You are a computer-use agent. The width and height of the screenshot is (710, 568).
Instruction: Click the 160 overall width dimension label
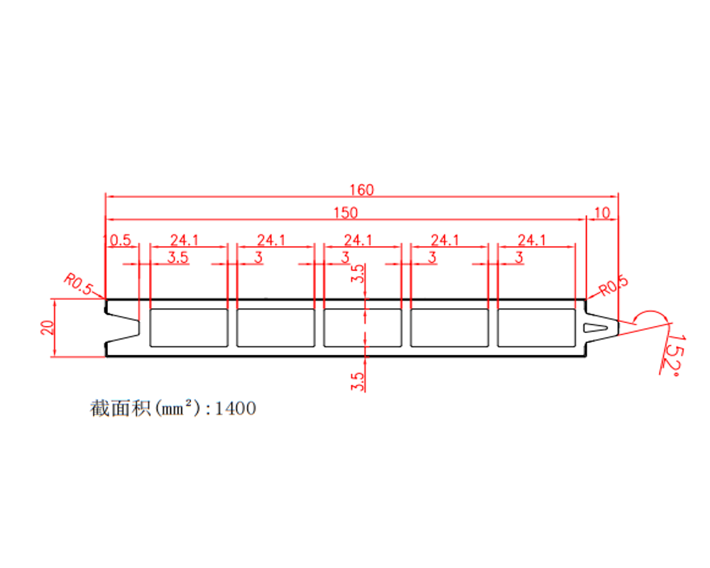(x=362, y=190)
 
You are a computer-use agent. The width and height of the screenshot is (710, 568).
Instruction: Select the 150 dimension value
(x=346, y=213)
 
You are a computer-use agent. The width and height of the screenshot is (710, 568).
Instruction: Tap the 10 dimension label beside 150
(x=602, y=213)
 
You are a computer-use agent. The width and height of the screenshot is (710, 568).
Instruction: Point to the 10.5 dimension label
(x=117, y=240)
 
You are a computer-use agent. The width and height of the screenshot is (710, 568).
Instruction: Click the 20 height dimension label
(x=48, y=327)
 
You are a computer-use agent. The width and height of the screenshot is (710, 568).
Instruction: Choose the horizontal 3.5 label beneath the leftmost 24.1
(x=178, y=258)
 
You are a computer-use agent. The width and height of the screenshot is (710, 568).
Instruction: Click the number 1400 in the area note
(x=236, y=408)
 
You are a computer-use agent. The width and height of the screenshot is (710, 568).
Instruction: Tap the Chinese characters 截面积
(x=120, y=408)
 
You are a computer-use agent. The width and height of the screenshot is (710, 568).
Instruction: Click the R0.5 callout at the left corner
(x=78, y=284)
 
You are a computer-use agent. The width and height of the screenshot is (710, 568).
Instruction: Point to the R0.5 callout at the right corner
(x=613, y=285)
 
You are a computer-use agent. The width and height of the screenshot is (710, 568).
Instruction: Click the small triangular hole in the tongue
(x=594, y=327)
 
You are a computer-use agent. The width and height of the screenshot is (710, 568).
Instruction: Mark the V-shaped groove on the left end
(x=123, y=327)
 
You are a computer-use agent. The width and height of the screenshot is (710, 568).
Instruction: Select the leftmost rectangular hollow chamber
(x=189, y=328)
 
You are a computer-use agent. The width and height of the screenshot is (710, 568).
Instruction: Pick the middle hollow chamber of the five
(x=363, y=328)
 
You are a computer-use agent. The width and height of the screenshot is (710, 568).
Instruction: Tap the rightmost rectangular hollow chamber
(x=537, y=328)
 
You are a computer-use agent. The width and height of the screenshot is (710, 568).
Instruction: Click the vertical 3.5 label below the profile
(x=357, y=381)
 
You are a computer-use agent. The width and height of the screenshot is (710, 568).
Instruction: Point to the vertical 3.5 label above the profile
(x=357, y=273)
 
